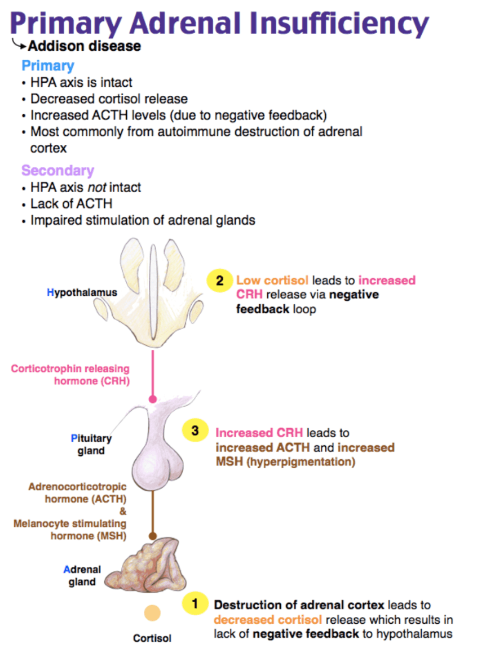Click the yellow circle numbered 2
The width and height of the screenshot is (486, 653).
[x=220, y=280]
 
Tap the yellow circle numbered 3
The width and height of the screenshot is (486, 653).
[x=195, y=430]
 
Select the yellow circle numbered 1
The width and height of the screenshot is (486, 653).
[x=195, y=603]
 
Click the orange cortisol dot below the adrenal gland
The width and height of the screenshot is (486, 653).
[x=152, y=613]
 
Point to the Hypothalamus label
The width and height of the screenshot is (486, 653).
[x=82, y=292]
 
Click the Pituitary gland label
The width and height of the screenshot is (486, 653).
[x=91, y=445]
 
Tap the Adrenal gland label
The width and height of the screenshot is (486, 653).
[x=82, y=576]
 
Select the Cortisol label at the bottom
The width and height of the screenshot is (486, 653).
[x=152, y=638]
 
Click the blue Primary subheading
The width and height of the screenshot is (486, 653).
[x=48, y=66]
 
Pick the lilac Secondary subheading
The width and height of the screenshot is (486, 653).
[x=58, y=170]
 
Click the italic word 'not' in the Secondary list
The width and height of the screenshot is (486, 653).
[x=97, y=188]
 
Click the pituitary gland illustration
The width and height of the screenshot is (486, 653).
[x=157, y=442]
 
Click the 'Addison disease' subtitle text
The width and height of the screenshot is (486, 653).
[x=85, y=46]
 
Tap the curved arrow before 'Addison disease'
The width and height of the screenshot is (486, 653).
[x=20, y=43]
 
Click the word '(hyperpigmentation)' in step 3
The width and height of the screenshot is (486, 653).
[x=301, y=462]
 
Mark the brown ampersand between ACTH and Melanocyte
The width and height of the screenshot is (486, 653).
[x=122, y=511]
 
